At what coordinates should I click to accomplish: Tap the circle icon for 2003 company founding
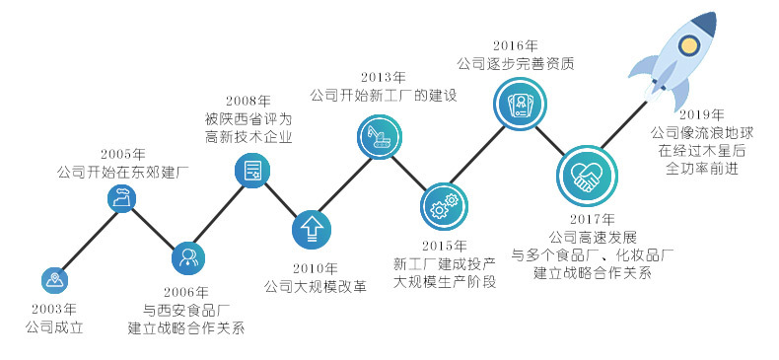pyautogui.click(x=55, y=280)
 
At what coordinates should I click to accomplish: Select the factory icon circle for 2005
pyautogui.click(x=123, y=200)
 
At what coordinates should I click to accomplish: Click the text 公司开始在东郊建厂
pyautogui.click(x=123, y=173)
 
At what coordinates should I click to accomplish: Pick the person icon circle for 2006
pyautogui.click(x=187, y=258)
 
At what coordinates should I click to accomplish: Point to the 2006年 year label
pyautogui.click(x=187, y=292)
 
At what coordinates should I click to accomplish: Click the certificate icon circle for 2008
pyautogui.click(x=252, y=170)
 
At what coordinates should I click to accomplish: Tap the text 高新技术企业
pyautogui.click(x=242, y=136)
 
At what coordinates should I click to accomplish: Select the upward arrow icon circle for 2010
pyautogui.click(x=312, y=229)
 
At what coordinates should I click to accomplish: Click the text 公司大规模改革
pyautogui.click(x=316, y=286)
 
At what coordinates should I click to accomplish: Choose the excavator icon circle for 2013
pyautogui.click(x=377, y=138)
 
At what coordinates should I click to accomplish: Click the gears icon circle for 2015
pyautogui.click(x=440, y=205)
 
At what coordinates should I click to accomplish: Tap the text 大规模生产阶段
pyautogui.click(x=445, y=281)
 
